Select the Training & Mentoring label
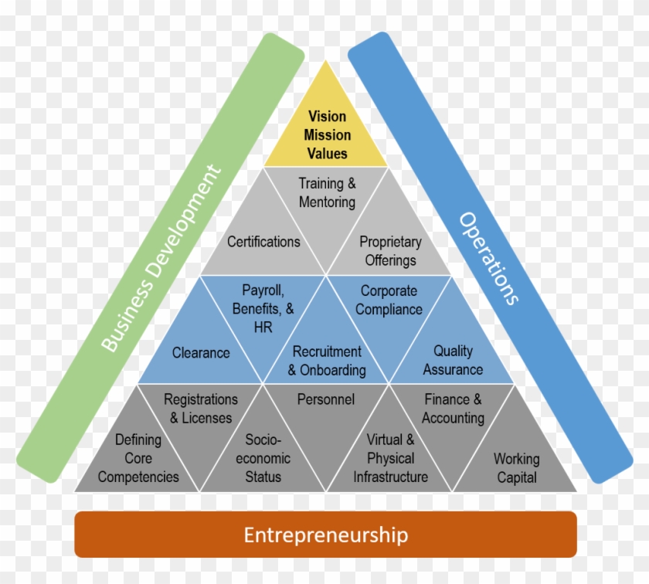coord(327,193)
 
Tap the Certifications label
coord(263,242)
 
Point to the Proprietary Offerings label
coord(390,251)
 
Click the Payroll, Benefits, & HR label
coord(263,309)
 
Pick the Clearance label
coord(201,353)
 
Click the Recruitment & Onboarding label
coord(327,361)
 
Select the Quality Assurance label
coord(453,361)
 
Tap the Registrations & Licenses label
coord(201,409)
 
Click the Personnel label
coord(326,399)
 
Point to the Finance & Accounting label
coord(453,409)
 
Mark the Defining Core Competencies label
coord(138,458)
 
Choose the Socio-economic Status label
coord(263,458)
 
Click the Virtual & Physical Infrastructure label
coord(390,458)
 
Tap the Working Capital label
coord(517,467)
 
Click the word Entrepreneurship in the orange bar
coord(326,535)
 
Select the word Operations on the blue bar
coord(489,258)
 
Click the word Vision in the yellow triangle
coord(328,117)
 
